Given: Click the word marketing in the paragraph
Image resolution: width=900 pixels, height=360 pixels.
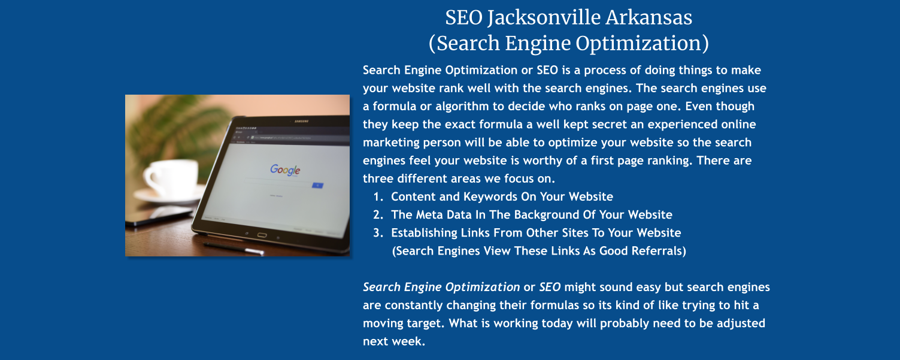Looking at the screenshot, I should (x=392, y=143).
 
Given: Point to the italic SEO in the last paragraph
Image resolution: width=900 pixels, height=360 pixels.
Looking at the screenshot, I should (x=550, y=287).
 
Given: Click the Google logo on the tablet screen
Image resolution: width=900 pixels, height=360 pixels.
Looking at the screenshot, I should (x=285, y=170).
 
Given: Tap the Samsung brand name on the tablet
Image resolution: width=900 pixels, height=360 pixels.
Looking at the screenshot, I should (x=301, y=122).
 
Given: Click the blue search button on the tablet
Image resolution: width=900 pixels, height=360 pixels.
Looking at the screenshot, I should (x=318, y=186).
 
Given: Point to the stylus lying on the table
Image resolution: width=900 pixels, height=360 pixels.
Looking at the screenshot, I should (x=234, y=248).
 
